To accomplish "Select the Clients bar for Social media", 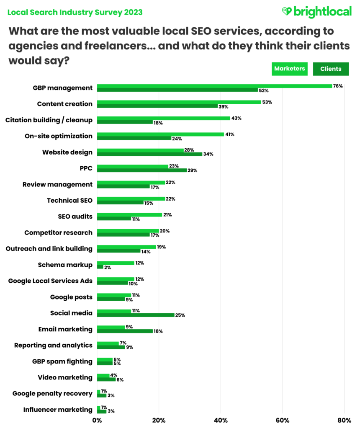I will [136, 315].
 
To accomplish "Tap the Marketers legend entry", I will [290, 69].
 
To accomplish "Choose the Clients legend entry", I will [331, 69].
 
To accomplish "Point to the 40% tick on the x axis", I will [221, 420].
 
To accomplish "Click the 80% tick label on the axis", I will [344, 420].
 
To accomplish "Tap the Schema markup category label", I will [65, 265].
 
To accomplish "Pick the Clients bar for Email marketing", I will [125, 331].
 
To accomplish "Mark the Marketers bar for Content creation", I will [179, 102].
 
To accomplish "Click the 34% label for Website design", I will [208, 154].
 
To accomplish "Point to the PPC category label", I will [86, 168].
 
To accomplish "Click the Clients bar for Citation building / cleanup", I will [125, 122].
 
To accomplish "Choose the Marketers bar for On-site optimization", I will [160, 134].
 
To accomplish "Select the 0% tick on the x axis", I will [97, 420].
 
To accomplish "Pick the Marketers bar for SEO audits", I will [129, 214].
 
